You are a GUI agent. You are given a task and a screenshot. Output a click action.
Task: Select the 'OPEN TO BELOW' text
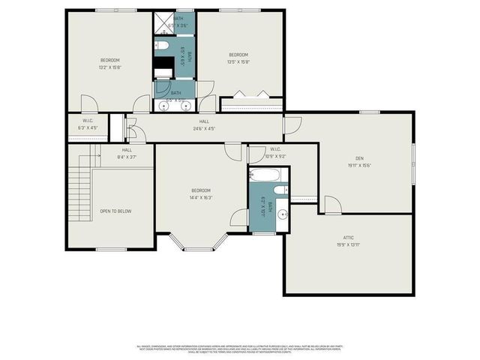pyautogui.click(x=115, y=211)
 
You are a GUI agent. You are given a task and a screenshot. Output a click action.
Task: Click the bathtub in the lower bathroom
pyautogui.click(x=265, y=176)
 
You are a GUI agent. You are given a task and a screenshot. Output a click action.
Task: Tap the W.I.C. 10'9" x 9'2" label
pyautogui.click(x=275, y=153)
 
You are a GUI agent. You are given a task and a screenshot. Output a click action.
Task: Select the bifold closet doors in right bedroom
pyautogui.click(x=250, y=94)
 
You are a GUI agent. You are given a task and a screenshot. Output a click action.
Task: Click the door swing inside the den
pyautogui.click(x=333, y=205)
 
